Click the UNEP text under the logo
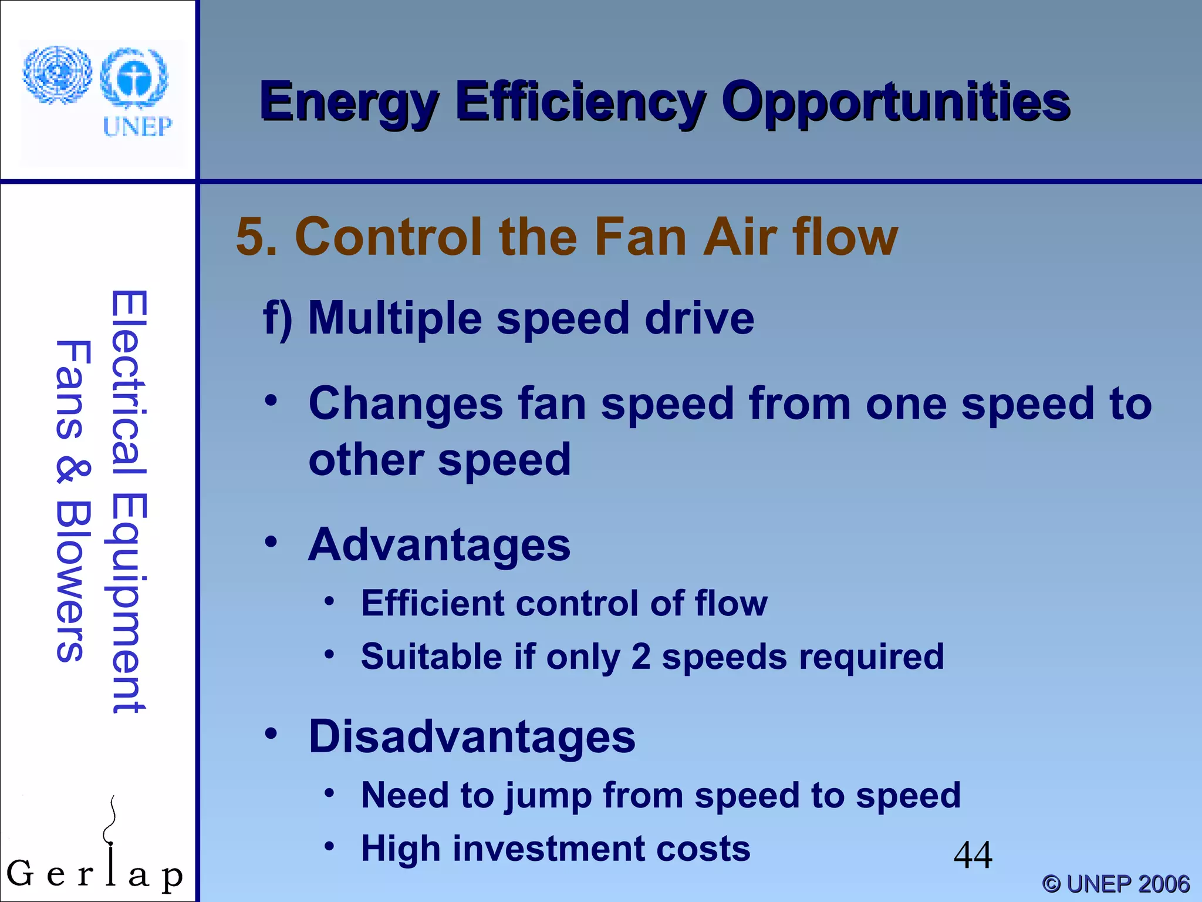137,126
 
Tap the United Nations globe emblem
57,75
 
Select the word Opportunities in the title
896,103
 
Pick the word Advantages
439,546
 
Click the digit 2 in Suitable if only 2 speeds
641,657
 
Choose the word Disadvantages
472,737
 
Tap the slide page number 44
973,855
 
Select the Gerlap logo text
94,873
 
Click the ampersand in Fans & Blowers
73,472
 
